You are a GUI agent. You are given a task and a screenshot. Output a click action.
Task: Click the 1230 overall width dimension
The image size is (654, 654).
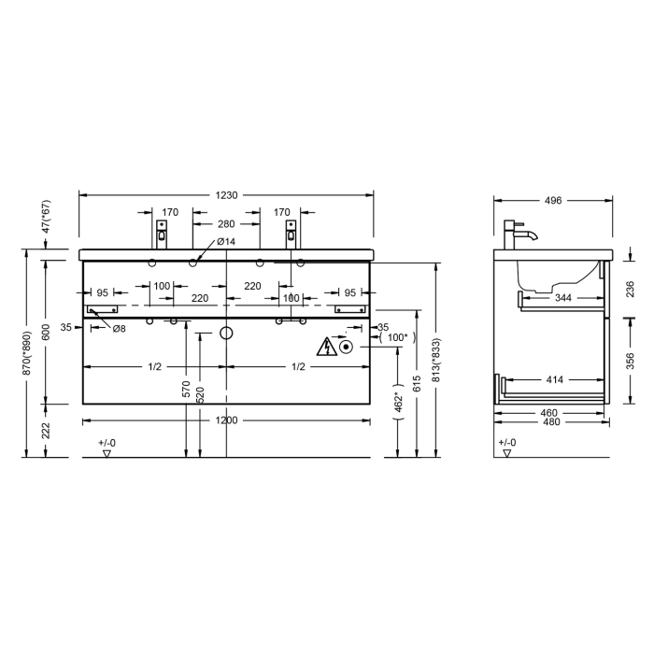tap(226, 195)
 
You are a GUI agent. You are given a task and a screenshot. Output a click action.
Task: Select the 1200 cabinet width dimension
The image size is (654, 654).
tap(226, 420)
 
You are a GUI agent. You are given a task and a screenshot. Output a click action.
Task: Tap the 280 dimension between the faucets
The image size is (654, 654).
tap(226, 224)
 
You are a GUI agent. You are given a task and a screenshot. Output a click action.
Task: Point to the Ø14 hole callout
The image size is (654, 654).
tap(226, 241)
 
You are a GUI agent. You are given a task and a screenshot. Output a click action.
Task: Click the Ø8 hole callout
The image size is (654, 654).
tap(119, 329)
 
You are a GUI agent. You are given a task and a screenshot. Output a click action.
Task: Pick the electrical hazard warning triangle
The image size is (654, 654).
tap(327, 347)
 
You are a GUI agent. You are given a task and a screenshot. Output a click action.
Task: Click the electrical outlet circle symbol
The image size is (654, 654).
tap(346, 347)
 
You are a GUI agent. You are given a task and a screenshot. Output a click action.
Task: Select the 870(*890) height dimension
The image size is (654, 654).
tap(27, 353)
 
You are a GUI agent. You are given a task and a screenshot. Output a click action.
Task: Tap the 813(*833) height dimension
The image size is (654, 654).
tap(436, 360)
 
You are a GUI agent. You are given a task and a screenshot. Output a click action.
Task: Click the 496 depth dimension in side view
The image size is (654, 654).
tap(553, 201)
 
